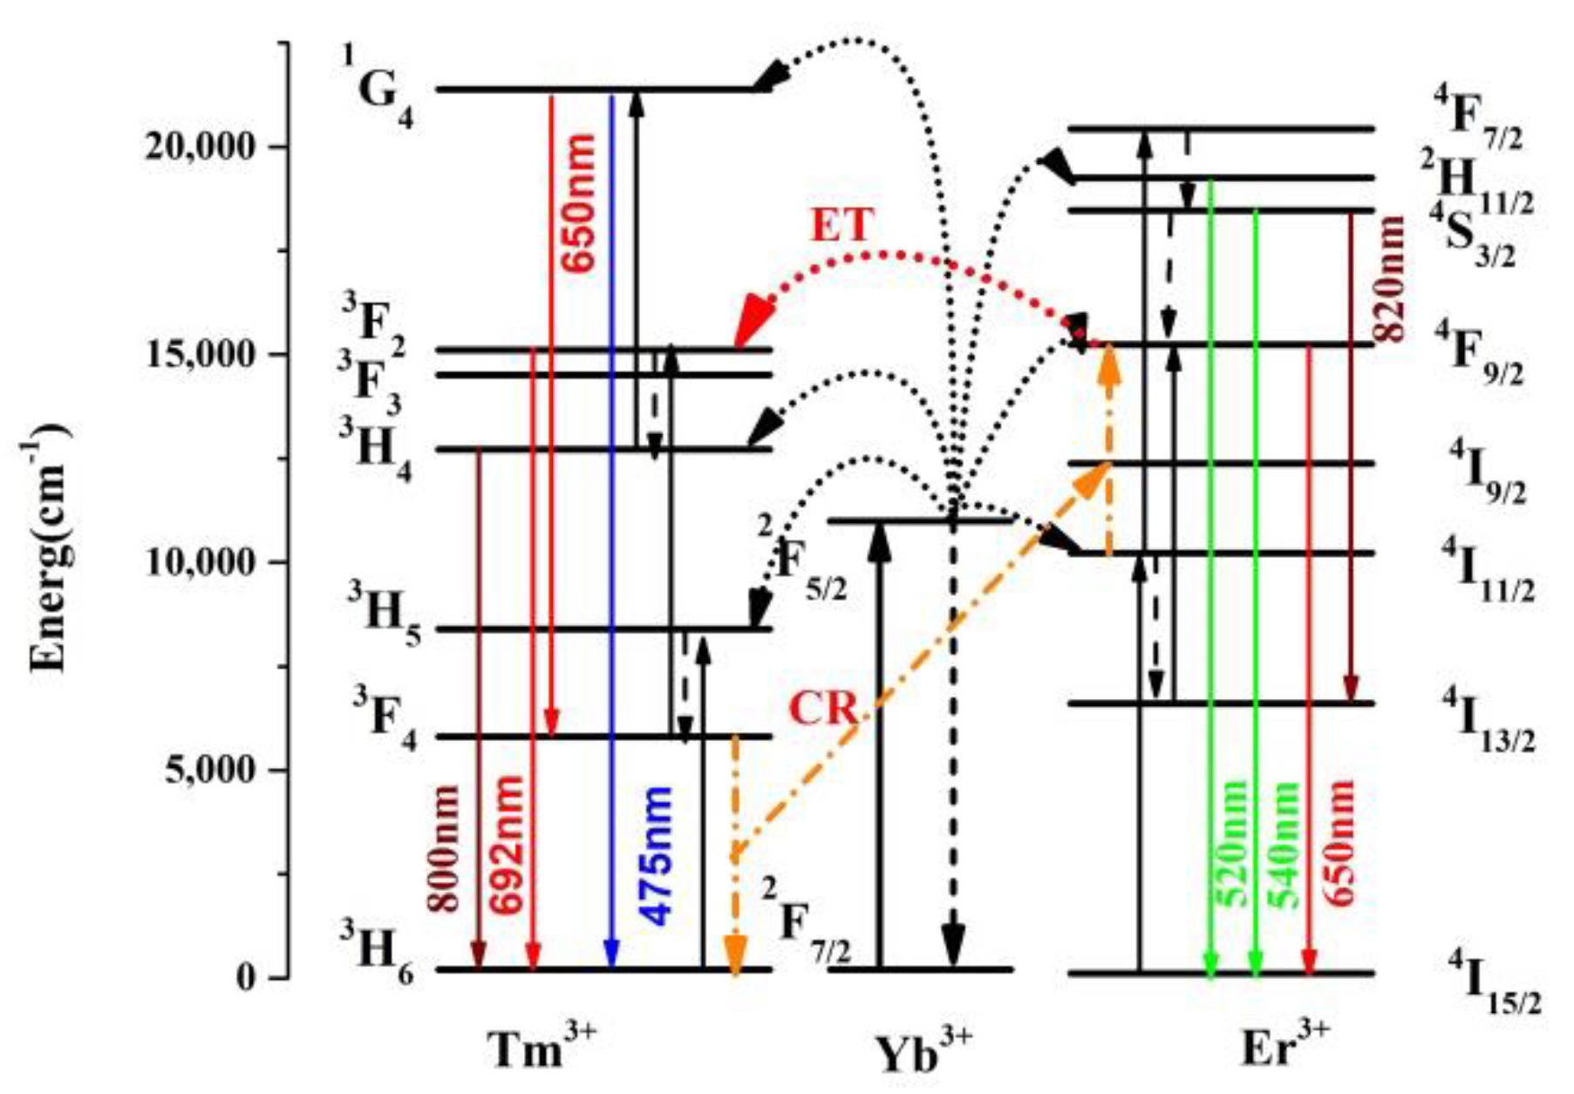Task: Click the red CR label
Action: click(x=823, y=708)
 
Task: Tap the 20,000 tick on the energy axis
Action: click(x=201, y=146)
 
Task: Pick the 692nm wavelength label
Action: click(x=508, y=843)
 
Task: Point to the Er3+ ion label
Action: click(x=1285, y=1047)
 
